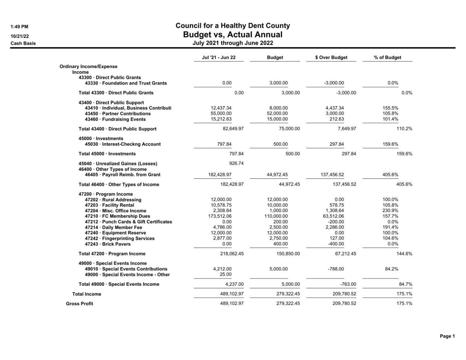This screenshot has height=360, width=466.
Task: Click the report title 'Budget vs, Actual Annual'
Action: coord(233,35)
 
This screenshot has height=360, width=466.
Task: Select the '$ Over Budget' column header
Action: coord(331,57)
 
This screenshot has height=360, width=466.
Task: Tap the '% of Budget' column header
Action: coord(387,57)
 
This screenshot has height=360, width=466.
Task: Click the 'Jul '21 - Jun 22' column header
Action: coord(219,57)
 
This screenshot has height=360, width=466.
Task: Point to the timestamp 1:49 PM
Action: coord(19,27)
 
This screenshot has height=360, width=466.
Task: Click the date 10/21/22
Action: coord(19,36)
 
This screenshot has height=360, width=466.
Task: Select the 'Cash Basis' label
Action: coord(23,43)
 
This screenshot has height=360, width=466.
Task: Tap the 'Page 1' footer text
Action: coord(447,336)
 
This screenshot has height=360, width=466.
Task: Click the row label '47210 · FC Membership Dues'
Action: coord(117,216)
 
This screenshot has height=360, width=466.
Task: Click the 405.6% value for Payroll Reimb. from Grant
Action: coord(390,175)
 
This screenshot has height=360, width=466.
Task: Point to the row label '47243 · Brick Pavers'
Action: coord(108,244)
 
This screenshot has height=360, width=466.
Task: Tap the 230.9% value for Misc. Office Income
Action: coord(390,210)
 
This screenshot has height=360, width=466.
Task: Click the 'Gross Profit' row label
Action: coord(79,304)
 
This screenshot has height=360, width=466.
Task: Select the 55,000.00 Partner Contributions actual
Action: coord(221,114)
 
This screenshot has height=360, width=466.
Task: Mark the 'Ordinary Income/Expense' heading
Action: coord(88,66)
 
